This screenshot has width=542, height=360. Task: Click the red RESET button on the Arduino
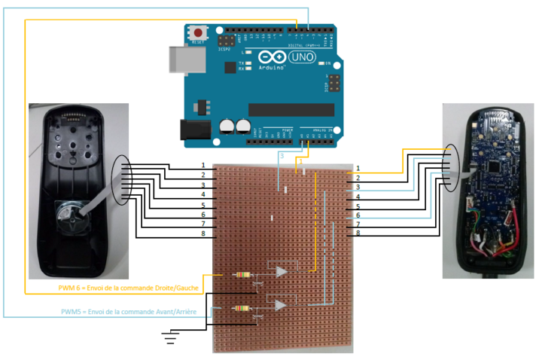point(198,33)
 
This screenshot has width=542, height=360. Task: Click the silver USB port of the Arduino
point(177,56)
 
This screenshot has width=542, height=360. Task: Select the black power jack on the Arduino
point(193,130)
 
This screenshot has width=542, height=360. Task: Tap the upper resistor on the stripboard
point(244,275)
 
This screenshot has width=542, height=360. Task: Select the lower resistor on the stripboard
point(242,308)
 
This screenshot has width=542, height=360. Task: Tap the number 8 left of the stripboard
point(202,233)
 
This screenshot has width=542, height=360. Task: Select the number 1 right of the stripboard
point(358,168)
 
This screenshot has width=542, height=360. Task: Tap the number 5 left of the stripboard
point(202,205)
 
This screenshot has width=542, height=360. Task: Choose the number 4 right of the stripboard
point(358,197)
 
